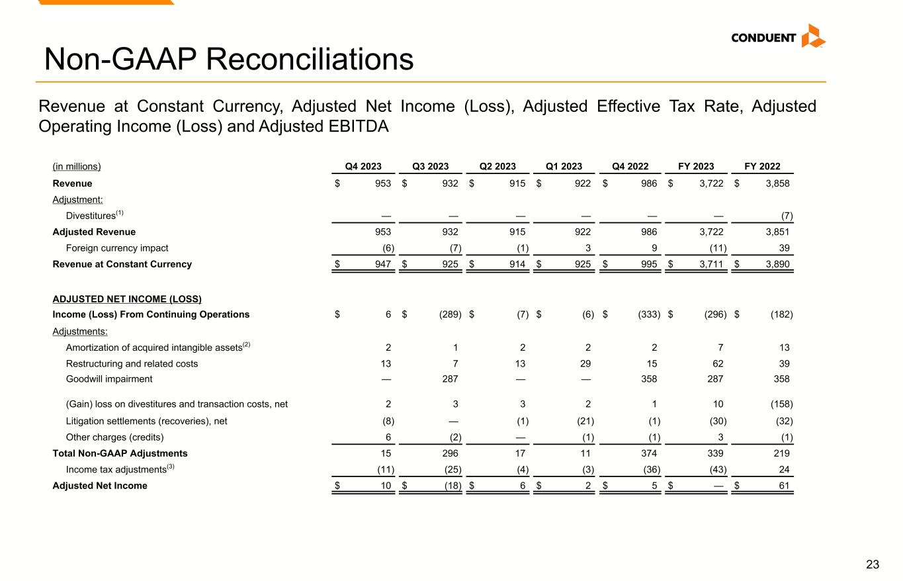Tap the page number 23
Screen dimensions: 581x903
tap(873, 564)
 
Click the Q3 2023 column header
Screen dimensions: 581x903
tap(430, 167)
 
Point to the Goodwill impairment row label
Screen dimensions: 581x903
tap(109, 379)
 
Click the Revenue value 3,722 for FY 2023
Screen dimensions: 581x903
tap(710, 184)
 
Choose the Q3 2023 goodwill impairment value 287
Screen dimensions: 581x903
tap(450, 379)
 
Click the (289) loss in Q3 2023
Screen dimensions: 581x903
tap(449, 314)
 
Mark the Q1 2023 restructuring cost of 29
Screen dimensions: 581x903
tap(585, 363)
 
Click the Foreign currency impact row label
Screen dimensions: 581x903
tap(117, 248)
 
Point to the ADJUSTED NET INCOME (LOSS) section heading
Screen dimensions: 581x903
tap(127, 299)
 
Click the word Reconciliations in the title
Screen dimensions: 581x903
tap(310, 60)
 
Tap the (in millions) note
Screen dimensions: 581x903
tap(77, 167)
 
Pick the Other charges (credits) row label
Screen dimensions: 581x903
tap(114, 437)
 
